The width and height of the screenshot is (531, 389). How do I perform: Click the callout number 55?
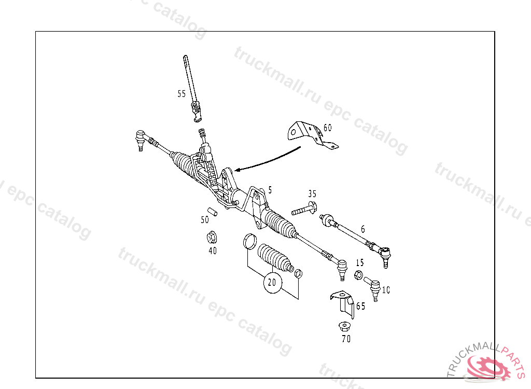pyautogui.click(x=181, y=94)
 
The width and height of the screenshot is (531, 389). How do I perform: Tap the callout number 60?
pyautogui.click(x=327, y=128)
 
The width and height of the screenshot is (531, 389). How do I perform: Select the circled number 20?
pyautogui.click(x=272, y=283)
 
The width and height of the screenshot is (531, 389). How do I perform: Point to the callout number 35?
pyautogui.click(x=312, y=194)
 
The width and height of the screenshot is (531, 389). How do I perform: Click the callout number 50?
pyautogui.click(x=205, y=220)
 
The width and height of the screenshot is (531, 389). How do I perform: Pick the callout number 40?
pyautogui.click(x=213, y=251)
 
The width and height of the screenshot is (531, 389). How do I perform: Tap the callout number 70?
pyautogui.click(x=346, y=339)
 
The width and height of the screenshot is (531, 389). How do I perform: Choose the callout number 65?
pyautogui.click(x=360, y=306)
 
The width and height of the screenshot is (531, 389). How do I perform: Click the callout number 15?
pyautogui.click(x=360, y=262)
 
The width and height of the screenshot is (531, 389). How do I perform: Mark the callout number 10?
pyautogui.click(x=385, y=290)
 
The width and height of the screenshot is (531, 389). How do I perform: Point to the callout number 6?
pyautogui.click(x=363, y=229)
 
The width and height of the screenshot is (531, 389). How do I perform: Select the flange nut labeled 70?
pyautogui.click(x=343, y=327)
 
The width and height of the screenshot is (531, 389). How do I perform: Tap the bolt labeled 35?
pyautogui.click(x=303, y=210)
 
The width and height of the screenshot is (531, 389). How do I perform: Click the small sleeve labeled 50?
pyautogui.click(x=212, y=212)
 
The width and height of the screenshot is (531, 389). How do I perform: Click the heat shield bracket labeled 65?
pyautogui.click(x=344, y=303)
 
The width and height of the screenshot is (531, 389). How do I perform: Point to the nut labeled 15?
pyautogui.click(x=358, y=274)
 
